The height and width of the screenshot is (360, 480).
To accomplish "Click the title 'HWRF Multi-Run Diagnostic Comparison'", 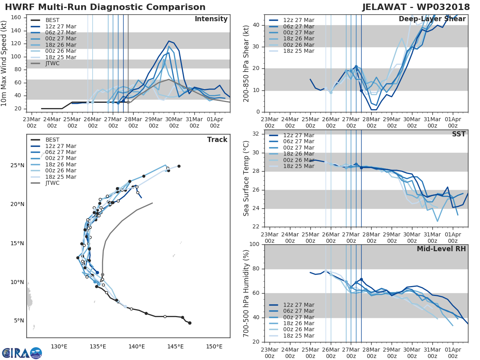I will pyautogui.click(x=105, y=7).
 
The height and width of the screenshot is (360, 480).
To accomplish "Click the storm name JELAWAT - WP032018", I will pyautogui.click(x=416, y=7).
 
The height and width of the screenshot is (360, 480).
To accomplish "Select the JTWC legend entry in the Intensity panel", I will pyautogui.click(x=52, y=64).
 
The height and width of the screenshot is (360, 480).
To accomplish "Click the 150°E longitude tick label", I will pyautogui.click(x=214, y=346).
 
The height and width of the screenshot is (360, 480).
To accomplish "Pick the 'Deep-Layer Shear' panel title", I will pyautogui.click(x=432, y=19).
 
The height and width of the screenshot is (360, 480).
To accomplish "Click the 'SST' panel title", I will pyautogui.click(x=459, y=134).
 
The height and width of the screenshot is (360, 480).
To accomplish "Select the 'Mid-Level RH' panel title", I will pyautogui.click(x=441, y=249).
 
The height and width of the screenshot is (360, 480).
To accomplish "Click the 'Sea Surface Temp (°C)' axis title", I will pyautogui.click(x=246, y=178).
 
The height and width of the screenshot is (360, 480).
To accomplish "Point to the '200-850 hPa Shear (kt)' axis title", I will pyautogui.click(x=246, y=63).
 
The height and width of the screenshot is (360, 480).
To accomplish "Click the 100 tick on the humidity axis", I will pyautogui.click(x=255, y=244).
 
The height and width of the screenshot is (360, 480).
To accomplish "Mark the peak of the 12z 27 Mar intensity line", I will pyautogui.click(x=169, y=41).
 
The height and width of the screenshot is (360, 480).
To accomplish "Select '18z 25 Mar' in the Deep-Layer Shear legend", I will pyautogui.click(x=298, y=51).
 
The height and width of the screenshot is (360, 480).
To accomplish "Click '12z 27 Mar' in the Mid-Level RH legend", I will pyautogui.click(x=298, y=305).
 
